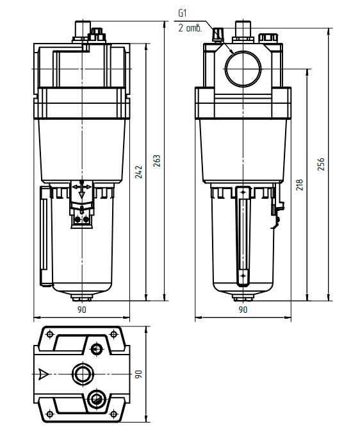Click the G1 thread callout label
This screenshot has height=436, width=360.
coord(182,13)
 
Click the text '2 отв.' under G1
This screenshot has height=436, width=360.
coord(190,28)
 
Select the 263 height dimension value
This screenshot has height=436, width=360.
coord(157,161)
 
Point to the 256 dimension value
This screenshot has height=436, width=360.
coord(321,164)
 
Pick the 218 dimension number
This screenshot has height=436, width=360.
coord(299,185)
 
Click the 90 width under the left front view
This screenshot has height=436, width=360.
coord(81,310)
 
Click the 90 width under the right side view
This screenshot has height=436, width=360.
coord(243,310)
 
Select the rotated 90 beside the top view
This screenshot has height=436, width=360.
coord(138,374)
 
